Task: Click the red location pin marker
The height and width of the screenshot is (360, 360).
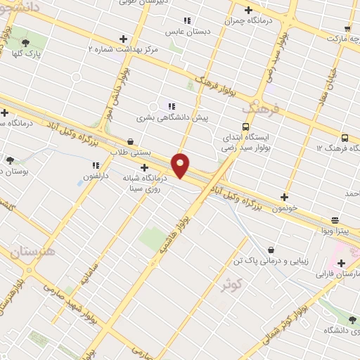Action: click(181, 165)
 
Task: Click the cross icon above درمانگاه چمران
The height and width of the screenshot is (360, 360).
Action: click(247, 10)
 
